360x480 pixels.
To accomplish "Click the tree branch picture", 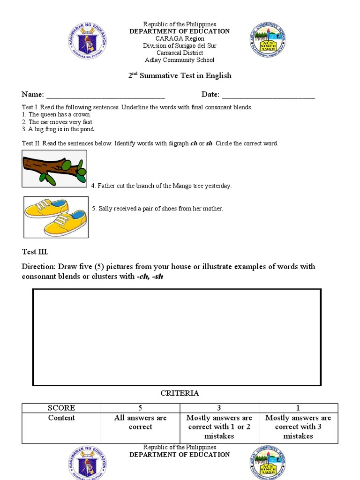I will (54, 168).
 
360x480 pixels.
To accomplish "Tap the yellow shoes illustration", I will (56, 217).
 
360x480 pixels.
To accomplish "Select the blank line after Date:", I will (268, 95).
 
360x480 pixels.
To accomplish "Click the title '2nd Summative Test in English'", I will (180, 75).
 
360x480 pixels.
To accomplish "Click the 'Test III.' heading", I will (35, 252).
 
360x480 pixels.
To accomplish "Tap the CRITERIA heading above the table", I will (180, 393).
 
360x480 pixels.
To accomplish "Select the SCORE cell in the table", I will (61, 408).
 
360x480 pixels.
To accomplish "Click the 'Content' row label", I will (61, 418).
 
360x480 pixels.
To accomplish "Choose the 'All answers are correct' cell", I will (141, 422).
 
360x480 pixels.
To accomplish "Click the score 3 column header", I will (219, 408).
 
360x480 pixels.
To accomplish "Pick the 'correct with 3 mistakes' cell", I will (298, 427).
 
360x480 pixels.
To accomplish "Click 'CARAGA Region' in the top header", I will (180, 38).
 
